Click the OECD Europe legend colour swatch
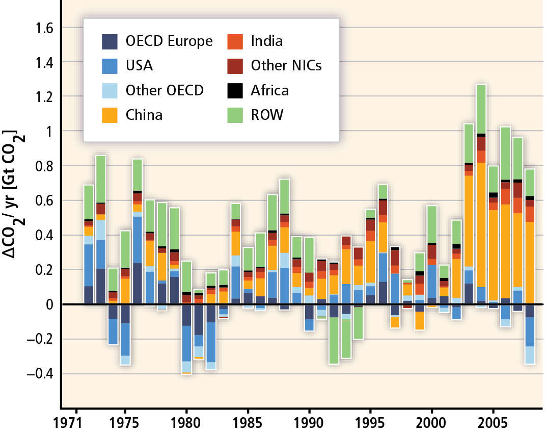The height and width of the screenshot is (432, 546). (110, 41)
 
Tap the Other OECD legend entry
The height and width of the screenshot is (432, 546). (165, 90)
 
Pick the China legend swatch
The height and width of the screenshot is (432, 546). (110, 115)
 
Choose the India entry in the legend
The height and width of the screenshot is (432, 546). (267, 41)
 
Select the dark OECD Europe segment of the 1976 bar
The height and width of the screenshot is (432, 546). (138, 283)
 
